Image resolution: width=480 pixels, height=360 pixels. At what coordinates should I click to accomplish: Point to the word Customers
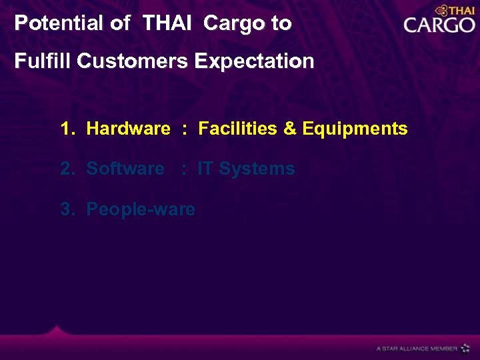[x=133, y=61]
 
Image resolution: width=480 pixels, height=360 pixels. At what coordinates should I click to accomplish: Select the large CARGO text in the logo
[x=439, y=26]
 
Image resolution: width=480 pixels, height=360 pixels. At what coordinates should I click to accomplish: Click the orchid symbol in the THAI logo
[x=440, y=11]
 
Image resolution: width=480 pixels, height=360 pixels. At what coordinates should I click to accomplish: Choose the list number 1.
[x=67, y=129]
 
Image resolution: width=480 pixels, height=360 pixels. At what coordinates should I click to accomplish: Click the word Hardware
[x=128, y=129]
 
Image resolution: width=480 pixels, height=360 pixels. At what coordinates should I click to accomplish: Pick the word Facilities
[x=238, y=129]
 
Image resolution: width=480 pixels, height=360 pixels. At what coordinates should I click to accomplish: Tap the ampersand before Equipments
[x=290, y=129]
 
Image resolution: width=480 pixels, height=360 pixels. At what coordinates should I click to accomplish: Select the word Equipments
[x=355, y=129]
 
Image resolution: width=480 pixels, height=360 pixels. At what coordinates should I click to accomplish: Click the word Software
[x=125, y=169]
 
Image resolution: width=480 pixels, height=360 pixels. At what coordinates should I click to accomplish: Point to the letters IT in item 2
[x=205, y=169]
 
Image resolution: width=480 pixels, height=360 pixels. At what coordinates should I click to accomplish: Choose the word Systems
[x=257, y=169]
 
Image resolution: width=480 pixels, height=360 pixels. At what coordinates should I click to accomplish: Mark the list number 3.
[x=67, y=209]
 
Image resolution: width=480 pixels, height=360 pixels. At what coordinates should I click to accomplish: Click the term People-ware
[x=141, y=209]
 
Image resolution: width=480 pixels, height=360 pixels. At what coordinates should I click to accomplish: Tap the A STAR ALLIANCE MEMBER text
[x=417, y=349]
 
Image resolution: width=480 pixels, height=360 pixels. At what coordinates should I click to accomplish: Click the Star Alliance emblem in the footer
[x=465, y=348]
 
